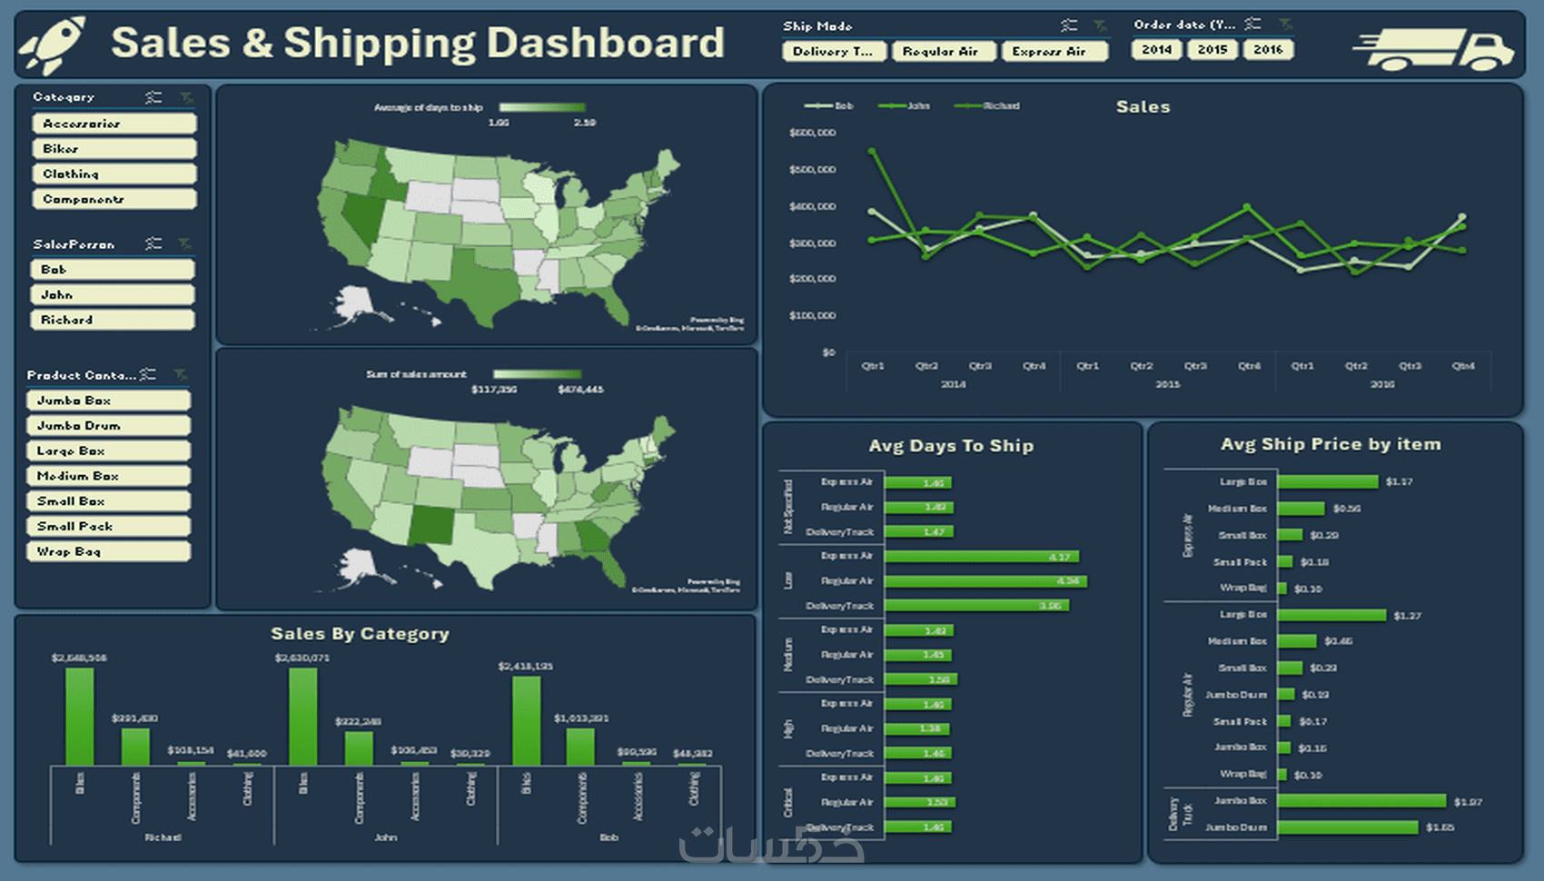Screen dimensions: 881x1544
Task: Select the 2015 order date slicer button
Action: [x=1212, y=50]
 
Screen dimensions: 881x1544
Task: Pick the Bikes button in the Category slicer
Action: [x=114, y=148]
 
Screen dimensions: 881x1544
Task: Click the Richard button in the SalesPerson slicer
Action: [x=112, y=320]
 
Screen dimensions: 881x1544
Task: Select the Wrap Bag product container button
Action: [x=108, y=551]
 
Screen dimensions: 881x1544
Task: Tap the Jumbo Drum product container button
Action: [x=108, y=425]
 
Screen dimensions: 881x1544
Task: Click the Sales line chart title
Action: [x=1143, y=107]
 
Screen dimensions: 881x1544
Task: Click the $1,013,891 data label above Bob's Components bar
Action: [x=581, y=718]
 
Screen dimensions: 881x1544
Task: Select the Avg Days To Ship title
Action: [x=951, y=446]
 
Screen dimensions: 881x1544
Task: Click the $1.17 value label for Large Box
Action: [x=1399, y=481]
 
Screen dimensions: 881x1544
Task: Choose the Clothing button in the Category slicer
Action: [x=114, y=173]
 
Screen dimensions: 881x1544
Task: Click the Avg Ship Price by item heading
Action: [x=1331, y=444]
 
